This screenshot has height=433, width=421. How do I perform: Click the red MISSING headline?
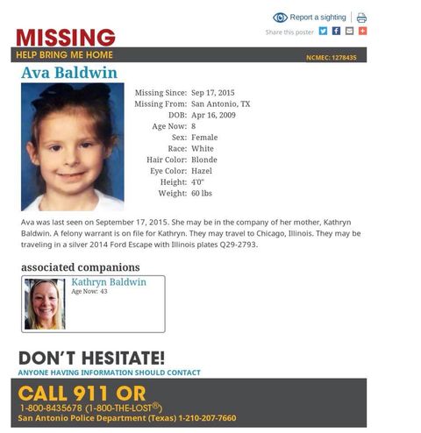(x=65, y=38)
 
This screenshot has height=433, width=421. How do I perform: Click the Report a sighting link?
(x=318, y=18)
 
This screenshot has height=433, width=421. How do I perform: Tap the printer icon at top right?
(x=361, y=18)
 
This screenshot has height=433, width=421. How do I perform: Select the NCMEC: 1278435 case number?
(x=331, y=57)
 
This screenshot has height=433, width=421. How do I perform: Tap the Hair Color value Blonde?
(x=204, y=160)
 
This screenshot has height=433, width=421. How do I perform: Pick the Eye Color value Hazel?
(x=203, y=171)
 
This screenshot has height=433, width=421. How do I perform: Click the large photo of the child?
(x=72, y=146)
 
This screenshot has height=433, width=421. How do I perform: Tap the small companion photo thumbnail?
(x=45, y=303)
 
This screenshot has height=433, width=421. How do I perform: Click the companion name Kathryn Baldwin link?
(x=109, y=282)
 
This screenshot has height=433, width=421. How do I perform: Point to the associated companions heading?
(x=80, y=267)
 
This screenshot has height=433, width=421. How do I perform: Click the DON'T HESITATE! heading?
(x=91, y=358)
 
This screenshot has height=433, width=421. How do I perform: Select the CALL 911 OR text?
(x=82, y=392)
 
